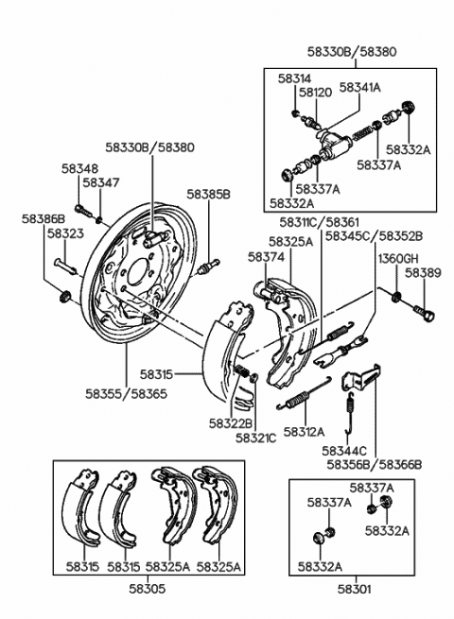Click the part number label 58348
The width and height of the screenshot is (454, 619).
(79, 168)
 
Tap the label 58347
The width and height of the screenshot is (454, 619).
(101, 182)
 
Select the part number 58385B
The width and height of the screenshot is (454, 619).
(208, 194)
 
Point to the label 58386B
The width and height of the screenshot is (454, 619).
(44, 218)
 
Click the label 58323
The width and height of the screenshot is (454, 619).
(65, 233)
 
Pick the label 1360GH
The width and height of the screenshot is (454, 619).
(398, 259)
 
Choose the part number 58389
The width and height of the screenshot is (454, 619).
(423, 273)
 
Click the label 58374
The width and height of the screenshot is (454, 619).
(266, 257)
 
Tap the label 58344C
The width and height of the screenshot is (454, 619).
(344, 451)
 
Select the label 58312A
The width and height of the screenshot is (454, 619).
(304, 432)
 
